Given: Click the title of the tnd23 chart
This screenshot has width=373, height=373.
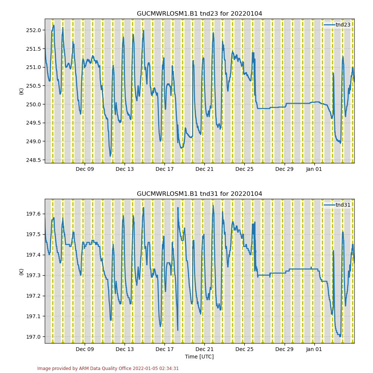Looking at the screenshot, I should pos(199,14).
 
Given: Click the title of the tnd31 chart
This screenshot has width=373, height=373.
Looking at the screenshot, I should pos(199,194).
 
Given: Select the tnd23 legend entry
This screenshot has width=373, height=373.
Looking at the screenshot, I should pos(342,25).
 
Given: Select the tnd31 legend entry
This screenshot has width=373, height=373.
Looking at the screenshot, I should pos(342,205).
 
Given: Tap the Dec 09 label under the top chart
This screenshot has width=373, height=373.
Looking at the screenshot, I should pos(85,169).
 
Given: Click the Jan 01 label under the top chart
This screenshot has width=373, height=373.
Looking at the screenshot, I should pos(314,169).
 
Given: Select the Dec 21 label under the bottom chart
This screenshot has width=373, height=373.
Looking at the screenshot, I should pos(204,349).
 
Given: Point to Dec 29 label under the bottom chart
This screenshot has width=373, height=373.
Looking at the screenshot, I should pos(284,349).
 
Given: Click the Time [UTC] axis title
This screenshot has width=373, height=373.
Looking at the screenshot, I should pos(199,357).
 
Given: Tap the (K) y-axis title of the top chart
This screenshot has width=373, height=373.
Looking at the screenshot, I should pos(21,91).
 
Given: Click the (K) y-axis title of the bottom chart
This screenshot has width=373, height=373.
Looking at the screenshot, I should pos(21,271).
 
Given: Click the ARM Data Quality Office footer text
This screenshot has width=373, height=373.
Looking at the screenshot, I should pos(108,369).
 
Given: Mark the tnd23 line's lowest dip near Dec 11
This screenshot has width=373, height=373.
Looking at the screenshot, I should pos(110,155).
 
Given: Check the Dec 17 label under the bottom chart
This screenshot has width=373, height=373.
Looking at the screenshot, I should pos(164,349).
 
